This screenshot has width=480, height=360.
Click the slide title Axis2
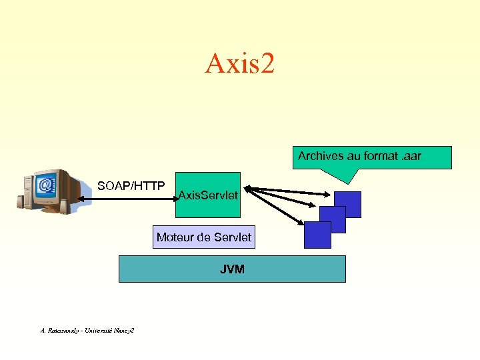coord(239,64)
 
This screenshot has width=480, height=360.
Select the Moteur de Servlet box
coord(203,237)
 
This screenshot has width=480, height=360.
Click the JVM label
coord(232,269)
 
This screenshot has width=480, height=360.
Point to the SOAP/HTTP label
coord(131,185)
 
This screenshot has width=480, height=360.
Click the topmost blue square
coord(348,204)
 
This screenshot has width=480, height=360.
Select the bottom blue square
coord(317,235)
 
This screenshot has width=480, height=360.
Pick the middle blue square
coord(333,219)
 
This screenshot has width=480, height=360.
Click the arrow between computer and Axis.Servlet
coord(126,199)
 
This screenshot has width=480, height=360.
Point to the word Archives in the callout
coord(321,156)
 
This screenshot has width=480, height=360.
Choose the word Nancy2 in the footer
coord(123,330)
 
